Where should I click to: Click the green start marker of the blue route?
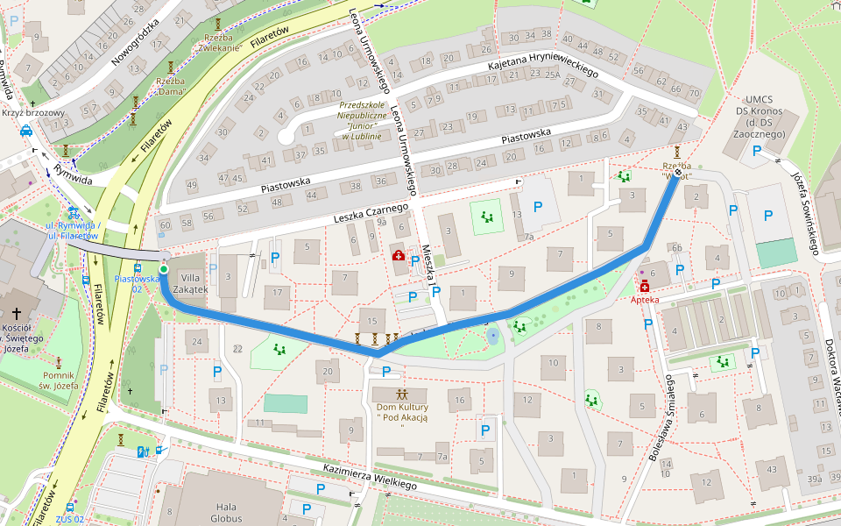[x=164, y=269]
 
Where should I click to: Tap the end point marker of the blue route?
[x=677, y=172]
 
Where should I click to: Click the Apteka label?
[x=645, y=299]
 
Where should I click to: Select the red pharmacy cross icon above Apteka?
[x=645, y=287]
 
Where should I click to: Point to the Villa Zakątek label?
[x=189, y=282]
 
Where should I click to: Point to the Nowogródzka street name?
[x=135, y=42]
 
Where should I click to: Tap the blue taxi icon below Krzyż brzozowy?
[x=26, y=132]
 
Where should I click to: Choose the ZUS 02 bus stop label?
[x=69, y=519]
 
